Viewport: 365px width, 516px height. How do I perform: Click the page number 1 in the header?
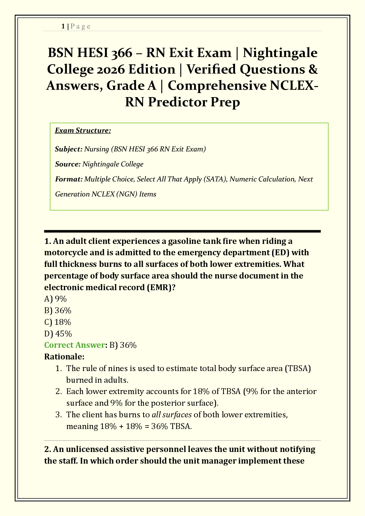pos(63,26)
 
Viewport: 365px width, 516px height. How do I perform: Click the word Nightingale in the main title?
pos(280,53)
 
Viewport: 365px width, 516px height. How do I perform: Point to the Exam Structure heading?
pos(83,131)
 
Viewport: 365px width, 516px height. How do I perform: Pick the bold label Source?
pos(68,164)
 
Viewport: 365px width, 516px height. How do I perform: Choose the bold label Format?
pos(69,179)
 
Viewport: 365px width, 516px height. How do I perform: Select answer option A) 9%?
pos(55,299)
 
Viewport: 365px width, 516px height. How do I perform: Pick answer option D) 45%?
pos(58,334)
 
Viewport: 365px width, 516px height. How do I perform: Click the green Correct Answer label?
pos(74,345)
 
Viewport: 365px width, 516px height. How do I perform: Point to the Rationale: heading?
pos(64,357)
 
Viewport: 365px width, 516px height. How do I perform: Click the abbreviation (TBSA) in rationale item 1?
pos(298,368)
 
